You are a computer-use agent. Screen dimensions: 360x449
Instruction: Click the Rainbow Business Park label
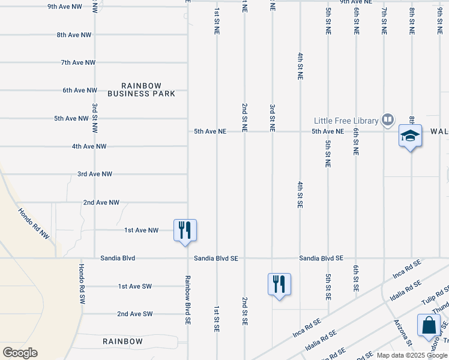coord(142,89)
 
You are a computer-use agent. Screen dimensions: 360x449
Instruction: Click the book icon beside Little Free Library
coord(388,121)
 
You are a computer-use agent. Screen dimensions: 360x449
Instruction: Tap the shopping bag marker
coord(430,325)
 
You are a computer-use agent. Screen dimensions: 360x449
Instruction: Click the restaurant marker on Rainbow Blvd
coord(185,230)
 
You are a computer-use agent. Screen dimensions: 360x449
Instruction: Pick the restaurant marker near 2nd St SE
coord(279,284)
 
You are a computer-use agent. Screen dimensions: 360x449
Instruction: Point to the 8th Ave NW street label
coord(74,35)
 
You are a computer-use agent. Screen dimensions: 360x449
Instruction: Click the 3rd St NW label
coord(95,118)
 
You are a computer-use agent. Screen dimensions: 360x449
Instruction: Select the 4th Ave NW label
coord(89,146)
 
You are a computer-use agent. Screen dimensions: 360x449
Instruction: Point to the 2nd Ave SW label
coord(135,314)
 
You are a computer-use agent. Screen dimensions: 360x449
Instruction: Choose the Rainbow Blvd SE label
coord(187,300)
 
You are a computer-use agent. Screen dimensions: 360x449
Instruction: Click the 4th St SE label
coord(300,194)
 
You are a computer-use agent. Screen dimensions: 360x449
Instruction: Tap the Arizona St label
coord(403,333)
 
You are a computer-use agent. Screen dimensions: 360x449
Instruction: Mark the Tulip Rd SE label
coord(434,298)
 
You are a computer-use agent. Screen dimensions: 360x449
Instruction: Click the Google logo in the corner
coord(20,353)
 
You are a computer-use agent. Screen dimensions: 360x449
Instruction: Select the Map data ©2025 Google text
coord(412,355)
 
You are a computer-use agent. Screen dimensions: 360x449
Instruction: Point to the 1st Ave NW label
coord(141,230)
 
